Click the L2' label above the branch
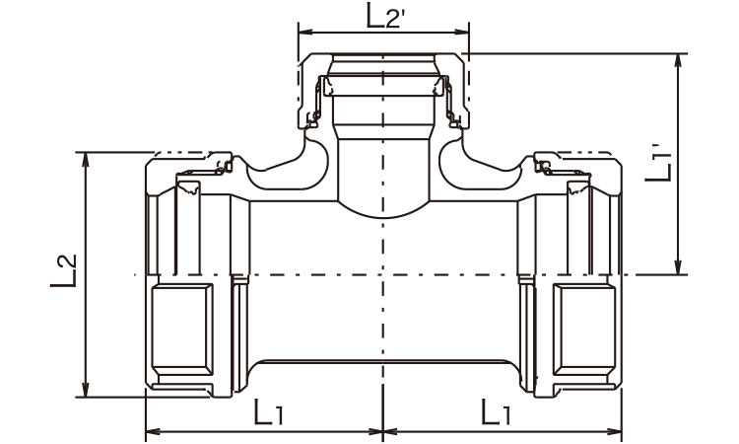click(x=385, y=17)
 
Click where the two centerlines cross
click(x=381, y=274)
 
